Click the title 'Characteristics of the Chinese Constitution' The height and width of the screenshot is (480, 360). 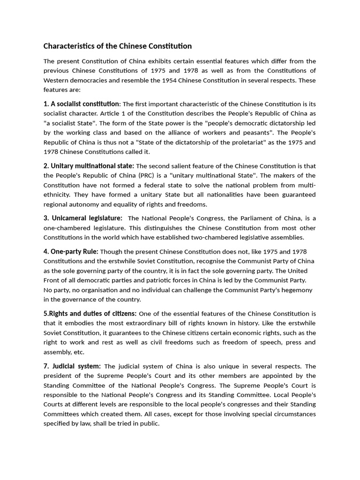click(118, 46)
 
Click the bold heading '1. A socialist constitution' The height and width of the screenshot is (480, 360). click(82, 104)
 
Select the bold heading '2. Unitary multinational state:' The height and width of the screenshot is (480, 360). click(89, 166)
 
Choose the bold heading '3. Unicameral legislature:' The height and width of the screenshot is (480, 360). click(83, 218)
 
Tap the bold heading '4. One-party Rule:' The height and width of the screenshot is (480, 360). click(71, 251)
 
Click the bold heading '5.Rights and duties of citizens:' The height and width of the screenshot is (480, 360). click(90, 313)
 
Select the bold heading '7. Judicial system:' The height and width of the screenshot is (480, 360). click(72, 366)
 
